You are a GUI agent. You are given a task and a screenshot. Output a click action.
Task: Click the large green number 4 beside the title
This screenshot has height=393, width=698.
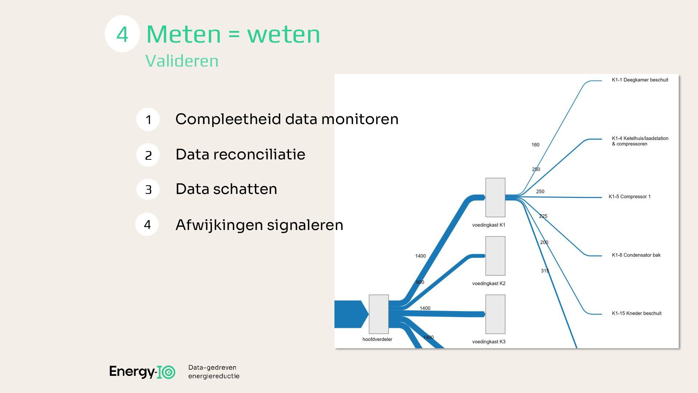(x=122, y=34)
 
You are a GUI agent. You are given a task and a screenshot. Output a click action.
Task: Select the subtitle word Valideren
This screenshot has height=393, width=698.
(x=182, y=61)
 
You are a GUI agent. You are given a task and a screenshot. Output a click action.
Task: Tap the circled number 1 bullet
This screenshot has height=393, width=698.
(x=148, y=119)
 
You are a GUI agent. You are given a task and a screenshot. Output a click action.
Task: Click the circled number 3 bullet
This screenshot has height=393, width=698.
(x=148, y=189)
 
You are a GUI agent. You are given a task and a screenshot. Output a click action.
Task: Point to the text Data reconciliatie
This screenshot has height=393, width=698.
(x=240, y=154)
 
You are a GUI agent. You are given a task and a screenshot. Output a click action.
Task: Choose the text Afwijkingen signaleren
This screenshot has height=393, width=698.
(x=259, y=225)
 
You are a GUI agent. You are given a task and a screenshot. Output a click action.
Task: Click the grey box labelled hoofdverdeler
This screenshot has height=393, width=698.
(x=378, y=314)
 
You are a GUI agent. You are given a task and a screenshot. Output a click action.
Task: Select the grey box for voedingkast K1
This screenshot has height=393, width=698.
(x=495, y=197)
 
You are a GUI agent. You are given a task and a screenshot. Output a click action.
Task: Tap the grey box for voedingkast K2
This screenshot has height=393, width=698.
(x=495, y=256)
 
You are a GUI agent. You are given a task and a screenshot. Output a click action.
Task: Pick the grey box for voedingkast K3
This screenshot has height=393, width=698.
(x=495, y=314)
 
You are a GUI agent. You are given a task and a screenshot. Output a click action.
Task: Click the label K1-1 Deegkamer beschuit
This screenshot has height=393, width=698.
(x=640, y=80)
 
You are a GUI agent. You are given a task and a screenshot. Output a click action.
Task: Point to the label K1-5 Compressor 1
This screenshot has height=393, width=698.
(x=630, y=197)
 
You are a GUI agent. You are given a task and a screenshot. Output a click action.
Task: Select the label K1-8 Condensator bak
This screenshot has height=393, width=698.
(x=636, y=255)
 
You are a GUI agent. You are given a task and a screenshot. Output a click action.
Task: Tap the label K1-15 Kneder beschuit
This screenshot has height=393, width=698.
(x=637, y=313)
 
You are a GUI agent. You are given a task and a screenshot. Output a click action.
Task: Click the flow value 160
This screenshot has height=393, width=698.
(x=535, y=145)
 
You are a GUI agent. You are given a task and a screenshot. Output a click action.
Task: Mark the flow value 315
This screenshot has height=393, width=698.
(x=545, y=271)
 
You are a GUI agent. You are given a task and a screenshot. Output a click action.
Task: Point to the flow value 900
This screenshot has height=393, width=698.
(x=420, y=282)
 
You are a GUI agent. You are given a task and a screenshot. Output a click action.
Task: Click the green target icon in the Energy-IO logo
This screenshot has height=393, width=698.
(x=169, y=372)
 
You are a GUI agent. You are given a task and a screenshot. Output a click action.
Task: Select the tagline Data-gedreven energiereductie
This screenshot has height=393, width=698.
(x=214, y=372)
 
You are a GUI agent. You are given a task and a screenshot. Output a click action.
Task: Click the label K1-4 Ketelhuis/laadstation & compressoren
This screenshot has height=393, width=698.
(x=640, y=141)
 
